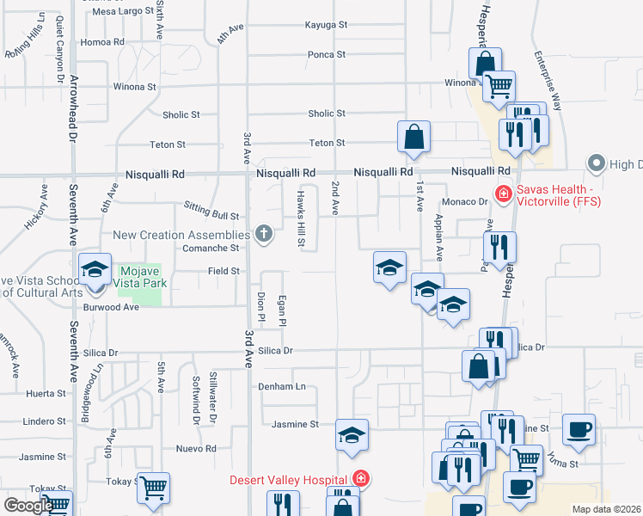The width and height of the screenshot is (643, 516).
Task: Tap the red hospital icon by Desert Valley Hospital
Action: pos(362,479)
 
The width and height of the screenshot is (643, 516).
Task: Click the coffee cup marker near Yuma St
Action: pos(579,430)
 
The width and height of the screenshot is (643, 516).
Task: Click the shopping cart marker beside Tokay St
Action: pos(153,488)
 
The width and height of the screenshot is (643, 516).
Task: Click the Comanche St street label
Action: pos(211,248)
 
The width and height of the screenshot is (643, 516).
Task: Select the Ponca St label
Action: pos(327,54)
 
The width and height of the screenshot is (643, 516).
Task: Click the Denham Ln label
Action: pos(282,387)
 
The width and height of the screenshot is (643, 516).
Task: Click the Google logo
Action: pos(28,506)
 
